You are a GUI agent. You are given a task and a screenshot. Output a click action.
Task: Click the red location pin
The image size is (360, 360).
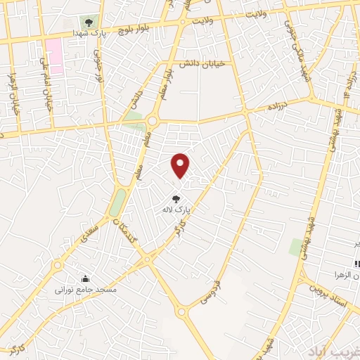(x=181, y=165)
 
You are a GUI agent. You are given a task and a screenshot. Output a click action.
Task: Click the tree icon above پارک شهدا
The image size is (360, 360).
(x=87, y=22)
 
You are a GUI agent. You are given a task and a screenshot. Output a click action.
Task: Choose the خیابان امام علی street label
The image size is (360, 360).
(x=49, y=94)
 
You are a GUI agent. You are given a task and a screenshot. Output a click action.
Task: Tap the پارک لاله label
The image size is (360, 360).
(x=176, y=210)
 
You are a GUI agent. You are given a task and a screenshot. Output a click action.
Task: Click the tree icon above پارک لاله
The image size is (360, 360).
(x=176, y=199)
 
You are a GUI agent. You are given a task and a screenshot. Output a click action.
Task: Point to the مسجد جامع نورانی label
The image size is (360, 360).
(x=86, y=289)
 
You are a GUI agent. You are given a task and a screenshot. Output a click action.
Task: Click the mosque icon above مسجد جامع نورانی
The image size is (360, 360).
(x=86, y=278)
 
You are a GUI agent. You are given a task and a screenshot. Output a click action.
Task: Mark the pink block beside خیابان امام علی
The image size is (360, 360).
(x=54, y=56)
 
